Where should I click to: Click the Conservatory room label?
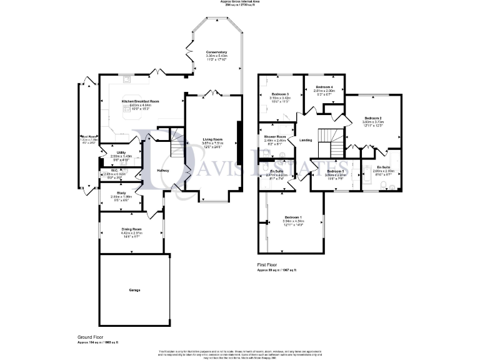click(x=216, y=52)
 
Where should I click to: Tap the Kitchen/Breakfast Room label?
click(x=140, y=101)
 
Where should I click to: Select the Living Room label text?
click(x=212, y=139)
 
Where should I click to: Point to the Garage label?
click(x=134, y=291)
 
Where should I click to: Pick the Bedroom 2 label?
click(x=373, y=118)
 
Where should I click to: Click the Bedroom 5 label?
click(x=335, y=171)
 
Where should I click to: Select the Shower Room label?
click(x=274, y=136)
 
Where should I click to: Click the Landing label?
click(x=306, y=140)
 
